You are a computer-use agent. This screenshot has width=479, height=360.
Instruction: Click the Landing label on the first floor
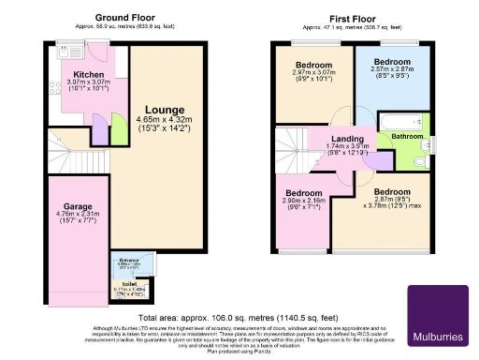(x=347, y=137)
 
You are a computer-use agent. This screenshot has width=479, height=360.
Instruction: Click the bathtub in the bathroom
(x=396, y=121)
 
